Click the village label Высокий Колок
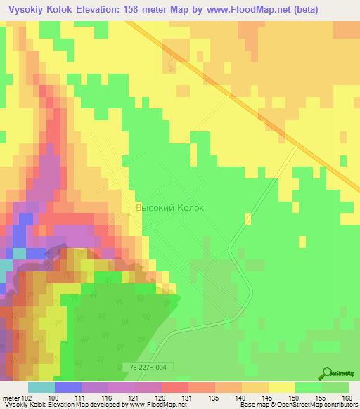(169, 208)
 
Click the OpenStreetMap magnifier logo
(328, 375)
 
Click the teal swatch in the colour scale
(41, 387)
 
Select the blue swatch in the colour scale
(68, 387)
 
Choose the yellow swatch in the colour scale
(281, 387)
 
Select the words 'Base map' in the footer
(253, 405)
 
